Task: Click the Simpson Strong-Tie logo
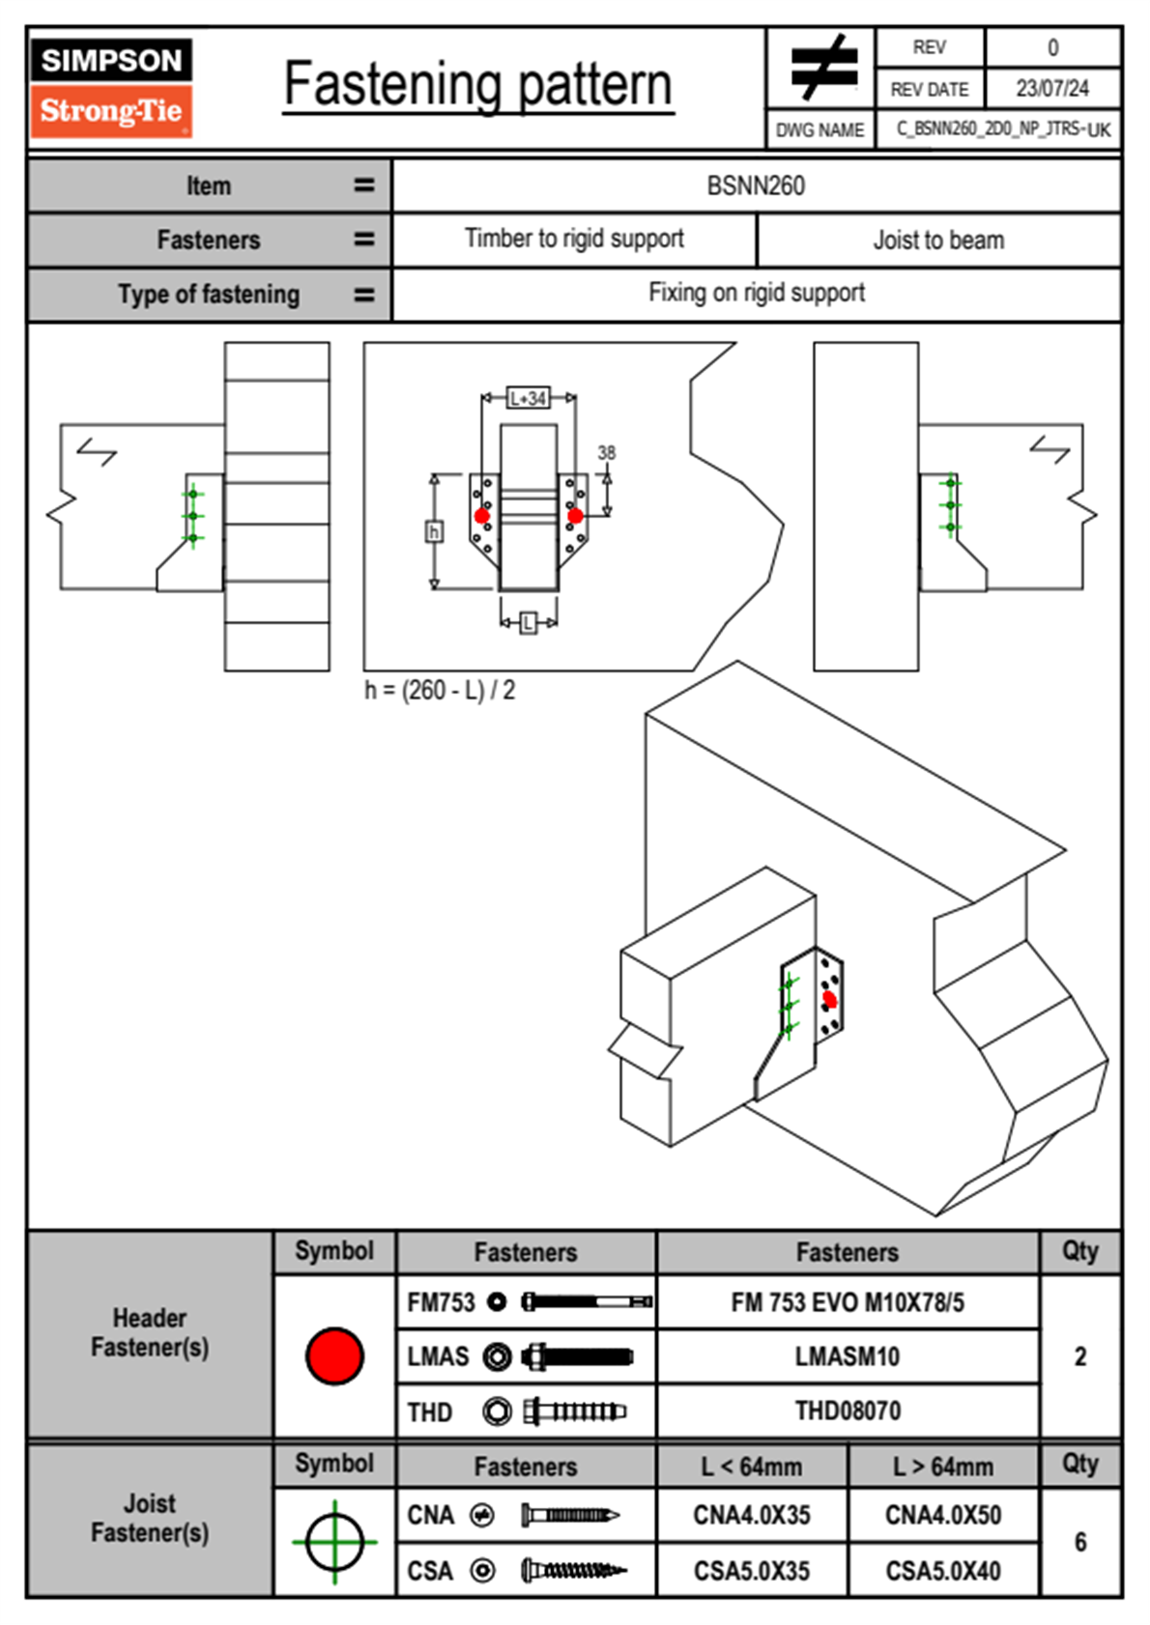pos(111,87)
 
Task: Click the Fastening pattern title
pos(477,84)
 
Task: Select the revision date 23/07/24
pos(1051,89)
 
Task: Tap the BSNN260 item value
pos(756,185)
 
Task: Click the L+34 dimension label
pos(528,398)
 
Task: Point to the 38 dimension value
pos(606,452)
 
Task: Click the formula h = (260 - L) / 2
pos(440,690)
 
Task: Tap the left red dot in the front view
pos(482,516)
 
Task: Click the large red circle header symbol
pos(334,1355)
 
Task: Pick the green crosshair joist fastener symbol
pos(334,1542)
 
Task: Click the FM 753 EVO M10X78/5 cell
pos(848,1303)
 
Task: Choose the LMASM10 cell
pos(848,1356)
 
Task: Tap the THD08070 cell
pos(848,1411)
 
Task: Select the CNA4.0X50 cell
pos(943,1515)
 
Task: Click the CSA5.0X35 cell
pos(752,1571)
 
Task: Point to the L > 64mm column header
pos(943,1467)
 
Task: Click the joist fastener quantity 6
pos(1080,1542)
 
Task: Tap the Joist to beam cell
pos(938,240)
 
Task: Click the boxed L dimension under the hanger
pos(528,623)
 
